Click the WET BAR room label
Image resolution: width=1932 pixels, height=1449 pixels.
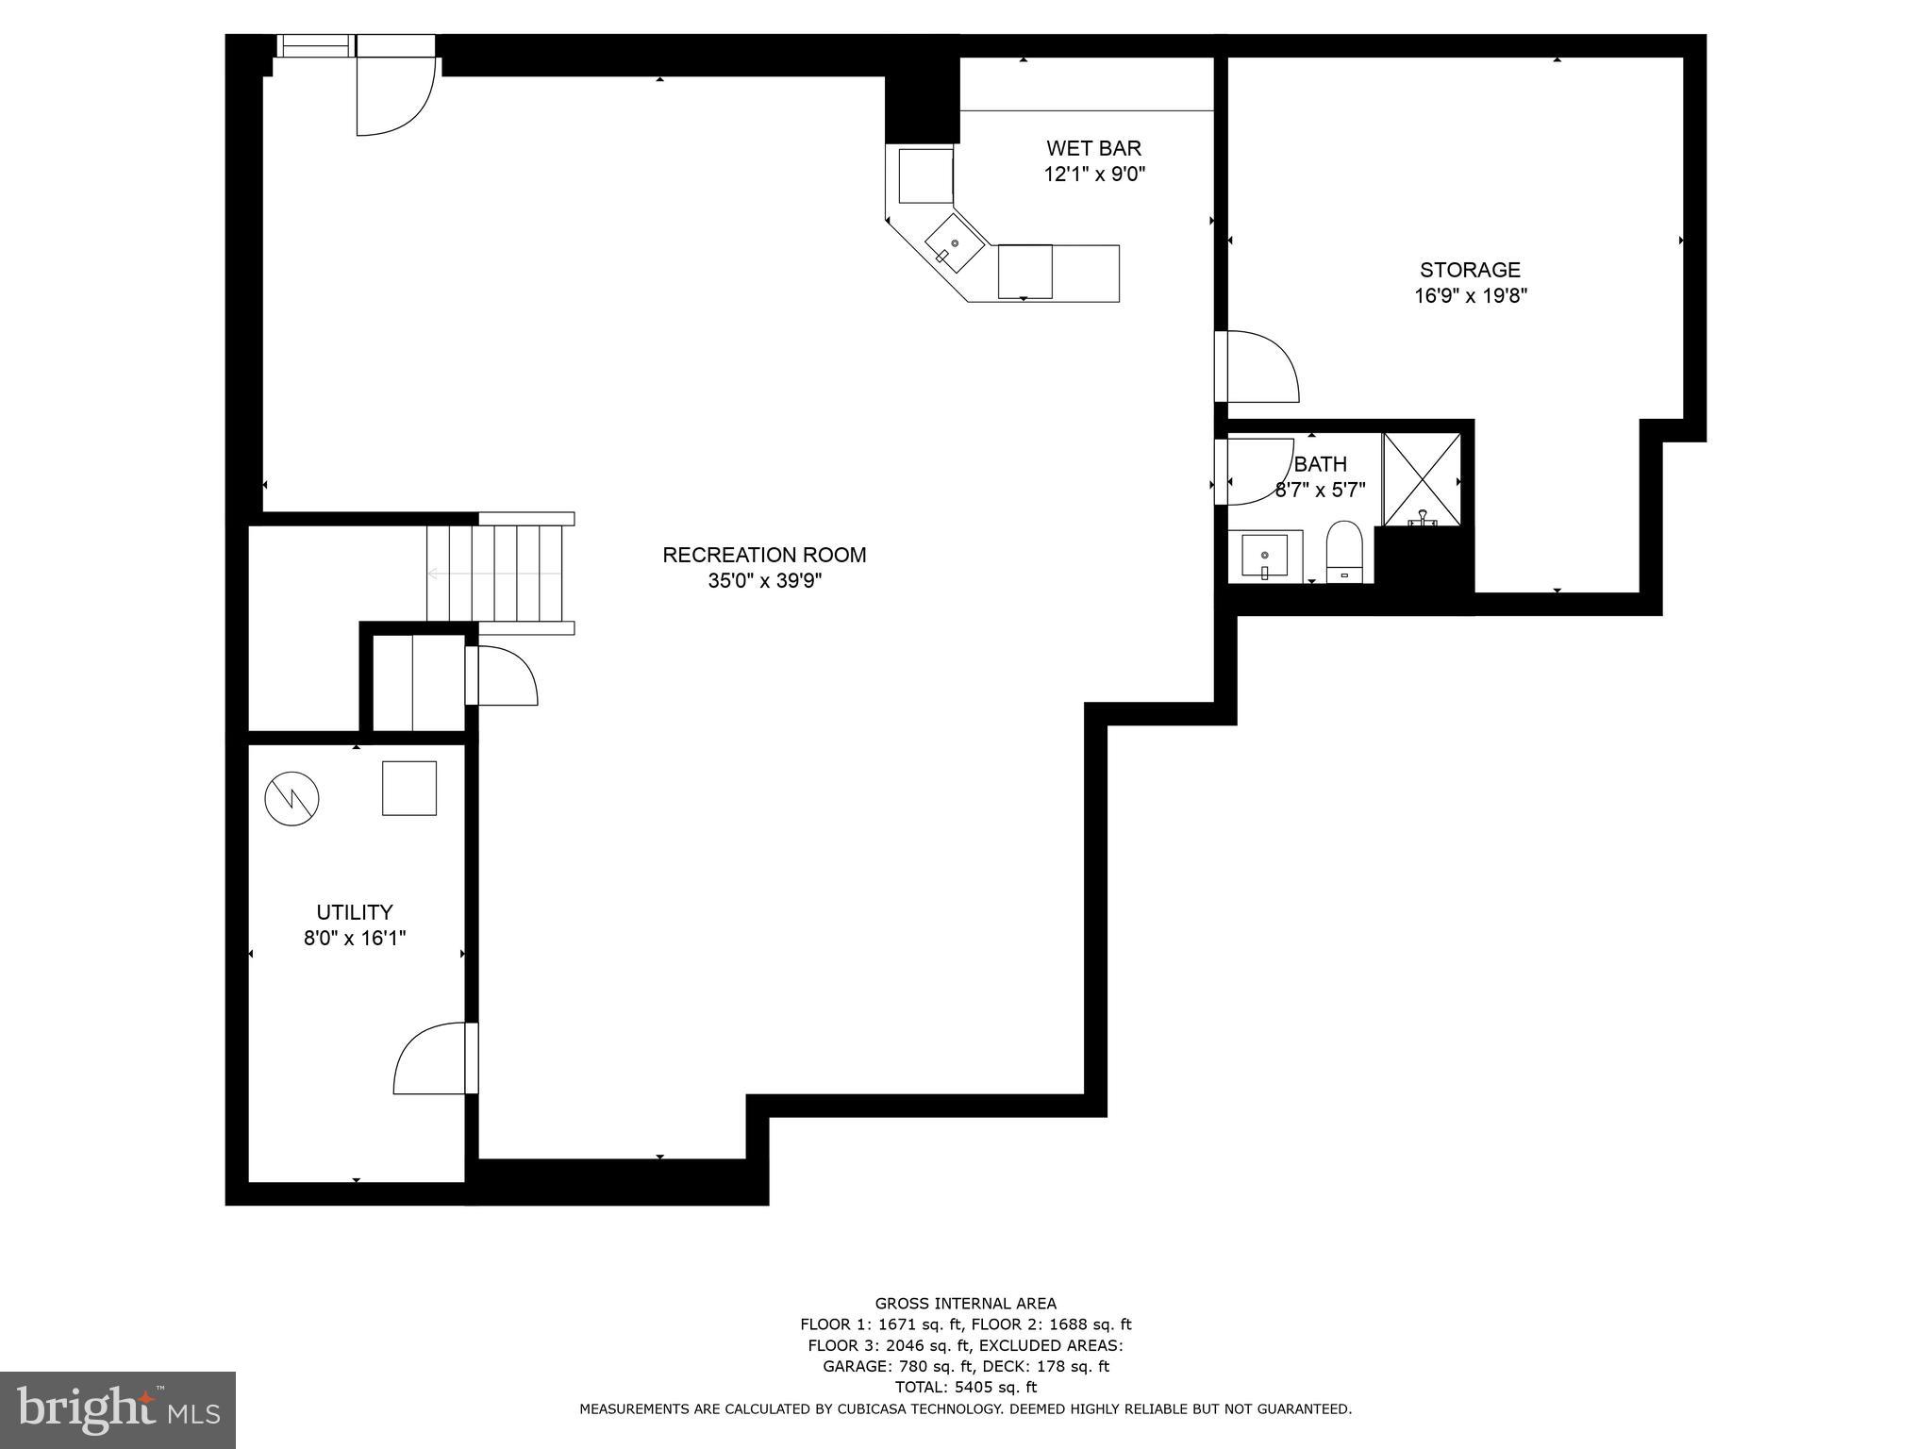pos(1093,148)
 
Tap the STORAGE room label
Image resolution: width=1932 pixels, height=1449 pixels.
pos(1470,270)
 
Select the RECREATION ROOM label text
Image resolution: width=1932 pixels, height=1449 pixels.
pos(764,555)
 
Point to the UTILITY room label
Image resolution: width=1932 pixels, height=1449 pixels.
pos(354,912)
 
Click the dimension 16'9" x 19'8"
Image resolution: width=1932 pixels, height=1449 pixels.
pos(1470,296)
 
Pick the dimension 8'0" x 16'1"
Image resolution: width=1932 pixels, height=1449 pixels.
pos(354,939)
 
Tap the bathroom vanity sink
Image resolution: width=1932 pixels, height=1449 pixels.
pos(1264,557)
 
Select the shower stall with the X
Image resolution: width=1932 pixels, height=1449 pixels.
pos(1422,479)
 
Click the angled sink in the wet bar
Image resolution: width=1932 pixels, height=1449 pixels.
pos(954,243)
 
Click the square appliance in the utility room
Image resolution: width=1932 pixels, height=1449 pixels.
pos(409,788)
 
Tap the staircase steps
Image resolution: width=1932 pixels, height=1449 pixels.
pos(495,573)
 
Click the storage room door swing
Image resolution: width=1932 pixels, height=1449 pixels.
pos(1262,368)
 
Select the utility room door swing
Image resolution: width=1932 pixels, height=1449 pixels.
pos(430,1059)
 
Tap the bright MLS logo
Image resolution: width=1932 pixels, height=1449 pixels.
pos(118,1410)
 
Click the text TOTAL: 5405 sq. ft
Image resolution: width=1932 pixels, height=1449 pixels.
pos(965,1387)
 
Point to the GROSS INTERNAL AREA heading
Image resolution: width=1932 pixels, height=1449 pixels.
pos(965,1304)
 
